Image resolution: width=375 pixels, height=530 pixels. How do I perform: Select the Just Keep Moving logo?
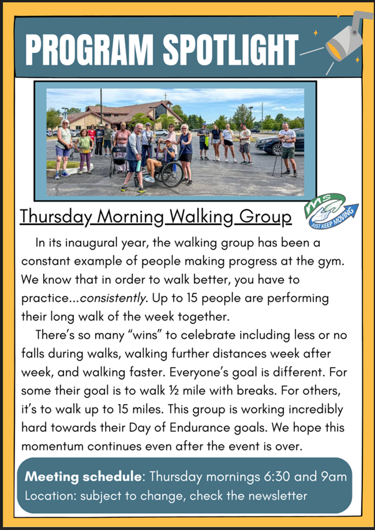(331, 211)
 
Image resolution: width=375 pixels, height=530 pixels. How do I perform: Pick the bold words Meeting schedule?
(83, 477)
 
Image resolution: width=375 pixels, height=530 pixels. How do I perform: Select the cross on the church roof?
(165, 97)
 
